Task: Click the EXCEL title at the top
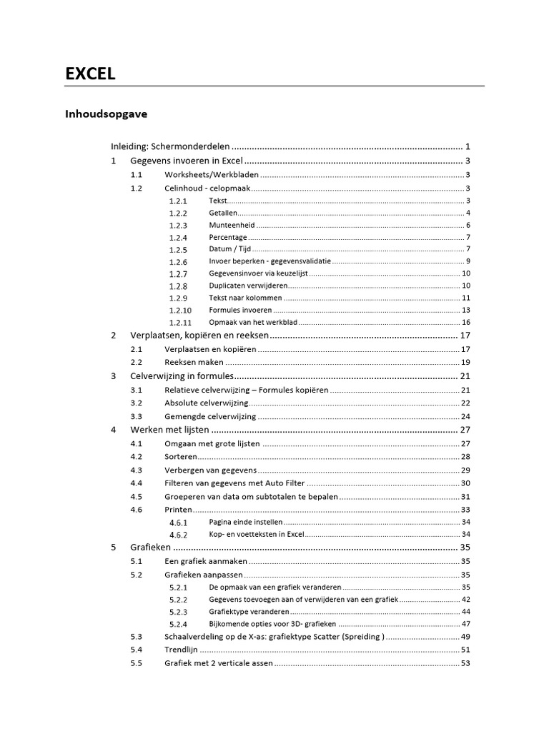point(90,74)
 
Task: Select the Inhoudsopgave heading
point(107,114)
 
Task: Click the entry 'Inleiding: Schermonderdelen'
point(170,146)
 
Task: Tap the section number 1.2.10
point(180,311)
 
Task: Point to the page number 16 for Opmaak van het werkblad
point(465,323)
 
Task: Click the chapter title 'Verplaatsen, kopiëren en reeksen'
point(199,336)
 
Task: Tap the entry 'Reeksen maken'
point(194,362)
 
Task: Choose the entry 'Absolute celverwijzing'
point(207,403)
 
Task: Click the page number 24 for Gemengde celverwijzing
point(465,417)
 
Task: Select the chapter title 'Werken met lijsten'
point(170,430)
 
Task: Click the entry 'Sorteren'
point(181,457)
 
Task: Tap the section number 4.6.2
point(178,535)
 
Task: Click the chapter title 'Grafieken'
point(150,548)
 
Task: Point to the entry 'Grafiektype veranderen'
point(249,612)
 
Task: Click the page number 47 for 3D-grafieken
point(465,624)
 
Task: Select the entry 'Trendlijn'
point(181,650)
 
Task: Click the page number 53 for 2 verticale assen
point(465,664)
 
